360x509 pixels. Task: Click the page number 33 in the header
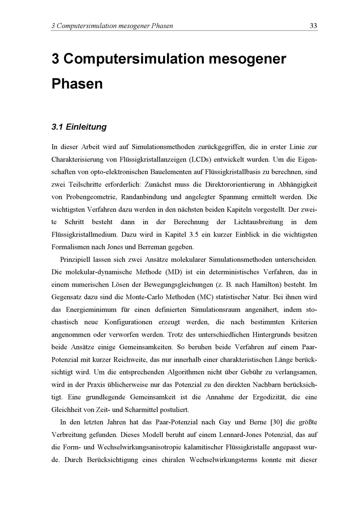pyautogui.click(x=313, y=26)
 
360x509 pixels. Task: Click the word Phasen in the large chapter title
pyautogui.click(x=77, y=84)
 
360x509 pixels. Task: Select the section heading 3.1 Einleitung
pyautogui.click(x=79, y=127)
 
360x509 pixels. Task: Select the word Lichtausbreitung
pyautogui.click(x=258, y=222)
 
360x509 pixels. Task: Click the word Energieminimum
pyautogui.click(x=91, y=310)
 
